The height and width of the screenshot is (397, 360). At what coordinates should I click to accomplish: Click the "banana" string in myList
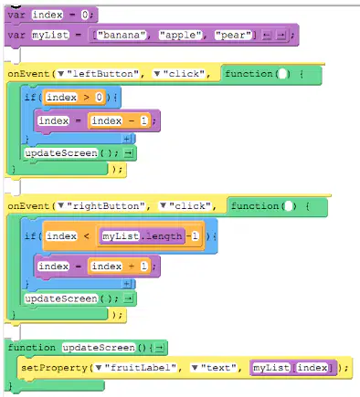pos(122,36)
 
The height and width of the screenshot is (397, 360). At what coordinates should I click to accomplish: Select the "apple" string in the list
pos(180,36)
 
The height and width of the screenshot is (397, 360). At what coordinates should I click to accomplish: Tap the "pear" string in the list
pos(233,36)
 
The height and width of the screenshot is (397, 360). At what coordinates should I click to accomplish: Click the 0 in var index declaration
pos(85,15)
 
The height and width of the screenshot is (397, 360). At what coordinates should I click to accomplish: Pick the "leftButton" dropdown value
pos(102,74)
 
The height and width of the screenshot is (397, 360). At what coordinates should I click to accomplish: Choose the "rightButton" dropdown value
pos(105,206)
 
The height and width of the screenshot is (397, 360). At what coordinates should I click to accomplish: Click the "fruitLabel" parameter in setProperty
pos(140,368)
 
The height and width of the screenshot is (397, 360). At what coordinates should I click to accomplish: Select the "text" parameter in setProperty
pos(218,368)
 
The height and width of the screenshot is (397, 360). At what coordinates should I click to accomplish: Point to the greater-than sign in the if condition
pos(87,98)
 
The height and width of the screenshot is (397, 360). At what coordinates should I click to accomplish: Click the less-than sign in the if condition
pos(87,236)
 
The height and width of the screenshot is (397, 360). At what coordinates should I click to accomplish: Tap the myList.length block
pos(142,236)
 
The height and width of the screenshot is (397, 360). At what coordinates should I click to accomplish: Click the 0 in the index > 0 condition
pos(99,98)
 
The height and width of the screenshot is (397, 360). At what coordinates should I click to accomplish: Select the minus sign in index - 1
pos(132,120)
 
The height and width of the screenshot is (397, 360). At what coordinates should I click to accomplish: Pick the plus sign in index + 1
pos(132,266)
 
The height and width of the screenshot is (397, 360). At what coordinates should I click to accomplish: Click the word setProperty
pos(55,368)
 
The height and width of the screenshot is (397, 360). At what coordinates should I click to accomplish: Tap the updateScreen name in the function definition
pos(99,348)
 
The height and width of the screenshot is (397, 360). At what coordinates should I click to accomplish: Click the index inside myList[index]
pos(312,368)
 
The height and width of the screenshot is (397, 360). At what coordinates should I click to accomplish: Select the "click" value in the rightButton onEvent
pos(190,206)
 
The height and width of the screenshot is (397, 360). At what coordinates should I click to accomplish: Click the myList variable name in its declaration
pos(50,36)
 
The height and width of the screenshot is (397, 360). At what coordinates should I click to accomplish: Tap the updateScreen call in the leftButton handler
pos(61,152)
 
